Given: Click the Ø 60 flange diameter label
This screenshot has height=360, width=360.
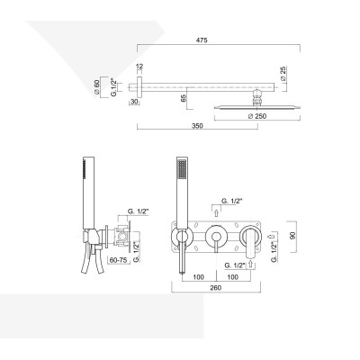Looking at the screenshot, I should point(98,88).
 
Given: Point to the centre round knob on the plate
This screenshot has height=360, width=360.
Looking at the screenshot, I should point(214,238).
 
